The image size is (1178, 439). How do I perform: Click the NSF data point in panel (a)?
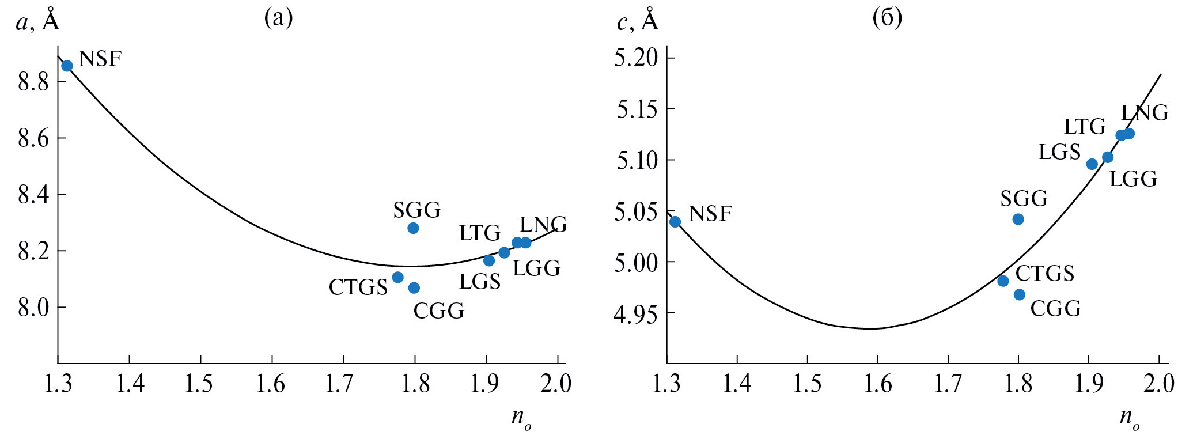pyautogui.click(x=67, y=66)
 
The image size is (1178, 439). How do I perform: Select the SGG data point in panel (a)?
pyautogui.click(x=413, y=228)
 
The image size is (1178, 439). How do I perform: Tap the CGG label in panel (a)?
pyautogui.click(x=439, y=311)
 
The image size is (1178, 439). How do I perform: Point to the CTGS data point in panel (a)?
pyautogui.click(x=397, y=277)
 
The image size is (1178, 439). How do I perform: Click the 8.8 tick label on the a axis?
pyautogui.click(x=33, y=82)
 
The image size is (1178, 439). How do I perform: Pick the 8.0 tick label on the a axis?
pyautogui.click(x=33, y=308)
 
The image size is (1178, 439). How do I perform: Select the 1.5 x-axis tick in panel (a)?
pyautogui.click(x=199, y=384)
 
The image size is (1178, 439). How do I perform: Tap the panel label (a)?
pyautogui.click(x=278, y=18)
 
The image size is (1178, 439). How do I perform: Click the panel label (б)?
pyautogui.click(x=887, y=18)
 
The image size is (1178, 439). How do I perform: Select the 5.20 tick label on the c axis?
pyautogui.click(x=637, y=58)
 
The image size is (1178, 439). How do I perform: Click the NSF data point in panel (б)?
pyautogui.click(x=675, y=221)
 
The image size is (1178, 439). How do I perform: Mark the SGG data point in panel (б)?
pyautogui.click(x=1018, y=219)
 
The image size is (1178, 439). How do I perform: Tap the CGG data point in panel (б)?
pyautogui.click(x=1020, y=294)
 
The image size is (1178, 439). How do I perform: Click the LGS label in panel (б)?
pyautogui.click(x=1059, y=152)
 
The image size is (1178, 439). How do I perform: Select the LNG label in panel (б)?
pyautogui.click(x=1145, y=113)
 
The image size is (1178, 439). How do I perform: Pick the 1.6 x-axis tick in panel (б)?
pyautogui.click(x=878, y=384)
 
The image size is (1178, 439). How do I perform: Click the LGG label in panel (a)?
pyautogui.click(x=536, y=268)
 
